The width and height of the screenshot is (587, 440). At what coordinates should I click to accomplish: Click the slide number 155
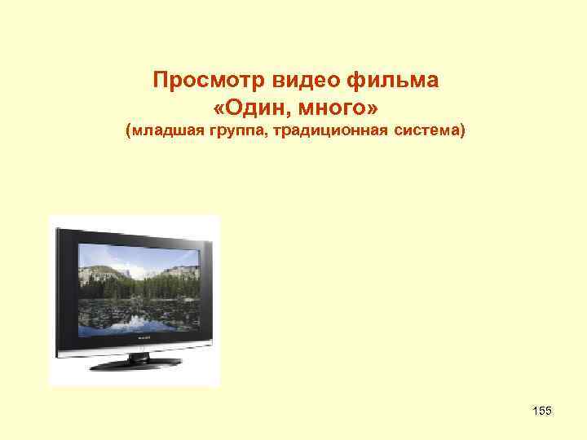(x=541, y=411)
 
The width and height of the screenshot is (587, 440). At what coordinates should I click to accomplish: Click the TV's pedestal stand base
(x=137, y=363)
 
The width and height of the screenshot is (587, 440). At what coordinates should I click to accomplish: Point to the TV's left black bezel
(x=65, y=285)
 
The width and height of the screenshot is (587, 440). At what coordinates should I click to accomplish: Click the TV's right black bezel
(x=209, y=285)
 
